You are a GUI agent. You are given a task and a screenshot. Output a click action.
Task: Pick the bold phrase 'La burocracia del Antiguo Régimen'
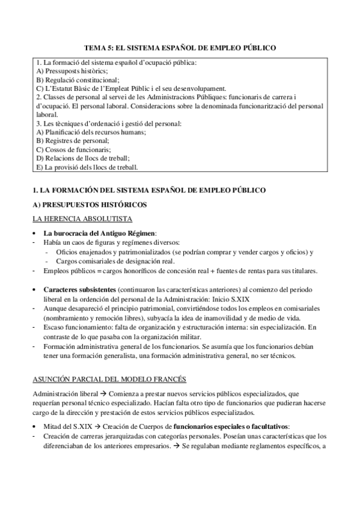click(x=99, y=233)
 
